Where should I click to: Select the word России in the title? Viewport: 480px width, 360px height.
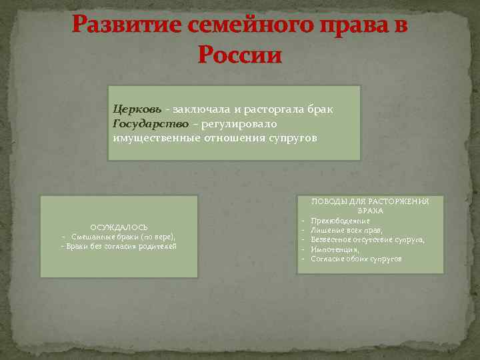tap(240, 54)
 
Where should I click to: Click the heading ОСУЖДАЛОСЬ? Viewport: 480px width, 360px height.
tap(119, 227)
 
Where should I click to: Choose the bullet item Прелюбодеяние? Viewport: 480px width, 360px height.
tap(340, 221)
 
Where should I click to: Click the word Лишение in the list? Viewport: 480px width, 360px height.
tap(326, 230)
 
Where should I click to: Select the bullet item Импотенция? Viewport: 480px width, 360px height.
tap(335, 249)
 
